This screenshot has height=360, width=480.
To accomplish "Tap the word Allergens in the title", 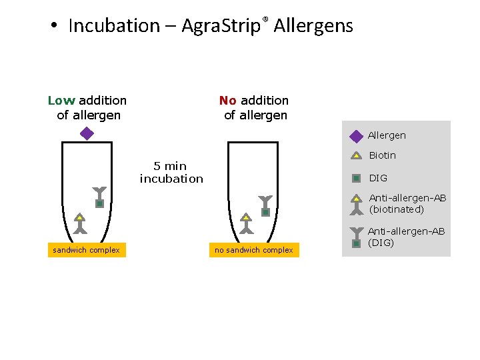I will coord(313,26).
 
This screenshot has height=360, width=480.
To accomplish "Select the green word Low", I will coord(61,101).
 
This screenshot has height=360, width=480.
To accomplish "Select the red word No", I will coord(228,101).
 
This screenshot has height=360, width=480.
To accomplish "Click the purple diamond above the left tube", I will coord(87,133).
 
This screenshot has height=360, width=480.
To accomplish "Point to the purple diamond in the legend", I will coord(357,136).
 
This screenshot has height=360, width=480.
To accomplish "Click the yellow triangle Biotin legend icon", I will coord(357,156).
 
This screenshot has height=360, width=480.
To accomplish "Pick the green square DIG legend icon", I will coord(357,178).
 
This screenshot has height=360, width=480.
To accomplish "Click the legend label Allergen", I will coord(387,135).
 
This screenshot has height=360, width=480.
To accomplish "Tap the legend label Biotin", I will coord(383,155).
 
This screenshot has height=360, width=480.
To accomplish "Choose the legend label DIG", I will coord(378,178).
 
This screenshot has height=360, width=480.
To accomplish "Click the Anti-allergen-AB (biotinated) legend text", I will coord(407,203).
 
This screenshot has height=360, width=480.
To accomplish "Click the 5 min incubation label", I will coord(171,172).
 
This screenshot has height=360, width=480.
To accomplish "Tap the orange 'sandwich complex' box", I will coord(86,250).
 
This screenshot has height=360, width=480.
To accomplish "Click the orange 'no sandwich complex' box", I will coord(253,250).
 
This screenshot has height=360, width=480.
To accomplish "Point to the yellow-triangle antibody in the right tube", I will coord(247,223).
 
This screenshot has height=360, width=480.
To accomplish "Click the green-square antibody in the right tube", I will coord(265,207).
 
